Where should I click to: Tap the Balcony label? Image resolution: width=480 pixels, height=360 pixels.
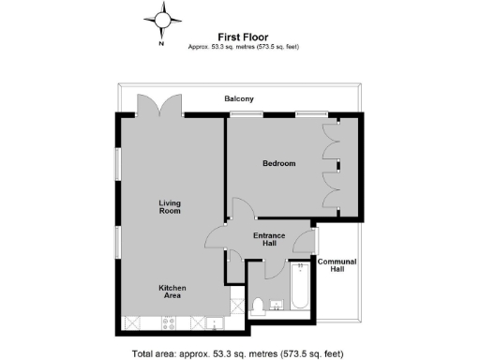(239, 98)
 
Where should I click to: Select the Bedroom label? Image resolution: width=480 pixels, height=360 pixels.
(278, 163)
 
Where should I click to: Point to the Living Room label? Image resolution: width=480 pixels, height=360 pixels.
(170, 206)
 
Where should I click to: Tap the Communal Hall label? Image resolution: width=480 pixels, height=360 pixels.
(337, 264)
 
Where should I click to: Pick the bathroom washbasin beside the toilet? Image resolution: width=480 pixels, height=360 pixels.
(277, 307)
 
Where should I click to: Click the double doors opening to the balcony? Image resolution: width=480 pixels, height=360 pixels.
(161, 104)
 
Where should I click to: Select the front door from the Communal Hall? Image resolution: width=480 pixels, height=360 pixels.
(303, 243)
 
